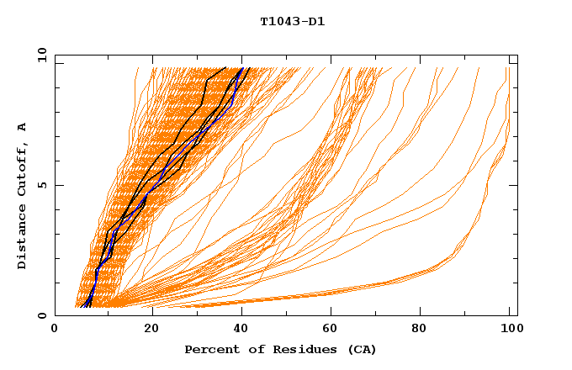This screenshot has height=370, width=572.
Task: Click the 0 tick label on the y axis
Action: [42, 315]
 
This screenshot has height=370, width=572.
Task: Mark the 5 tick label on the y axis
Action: [42, 185]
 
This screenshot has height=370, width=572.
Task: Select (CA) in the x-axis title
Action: [359, 350]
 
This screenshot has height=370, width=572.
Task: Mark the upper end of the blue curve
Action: [242, 68]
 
